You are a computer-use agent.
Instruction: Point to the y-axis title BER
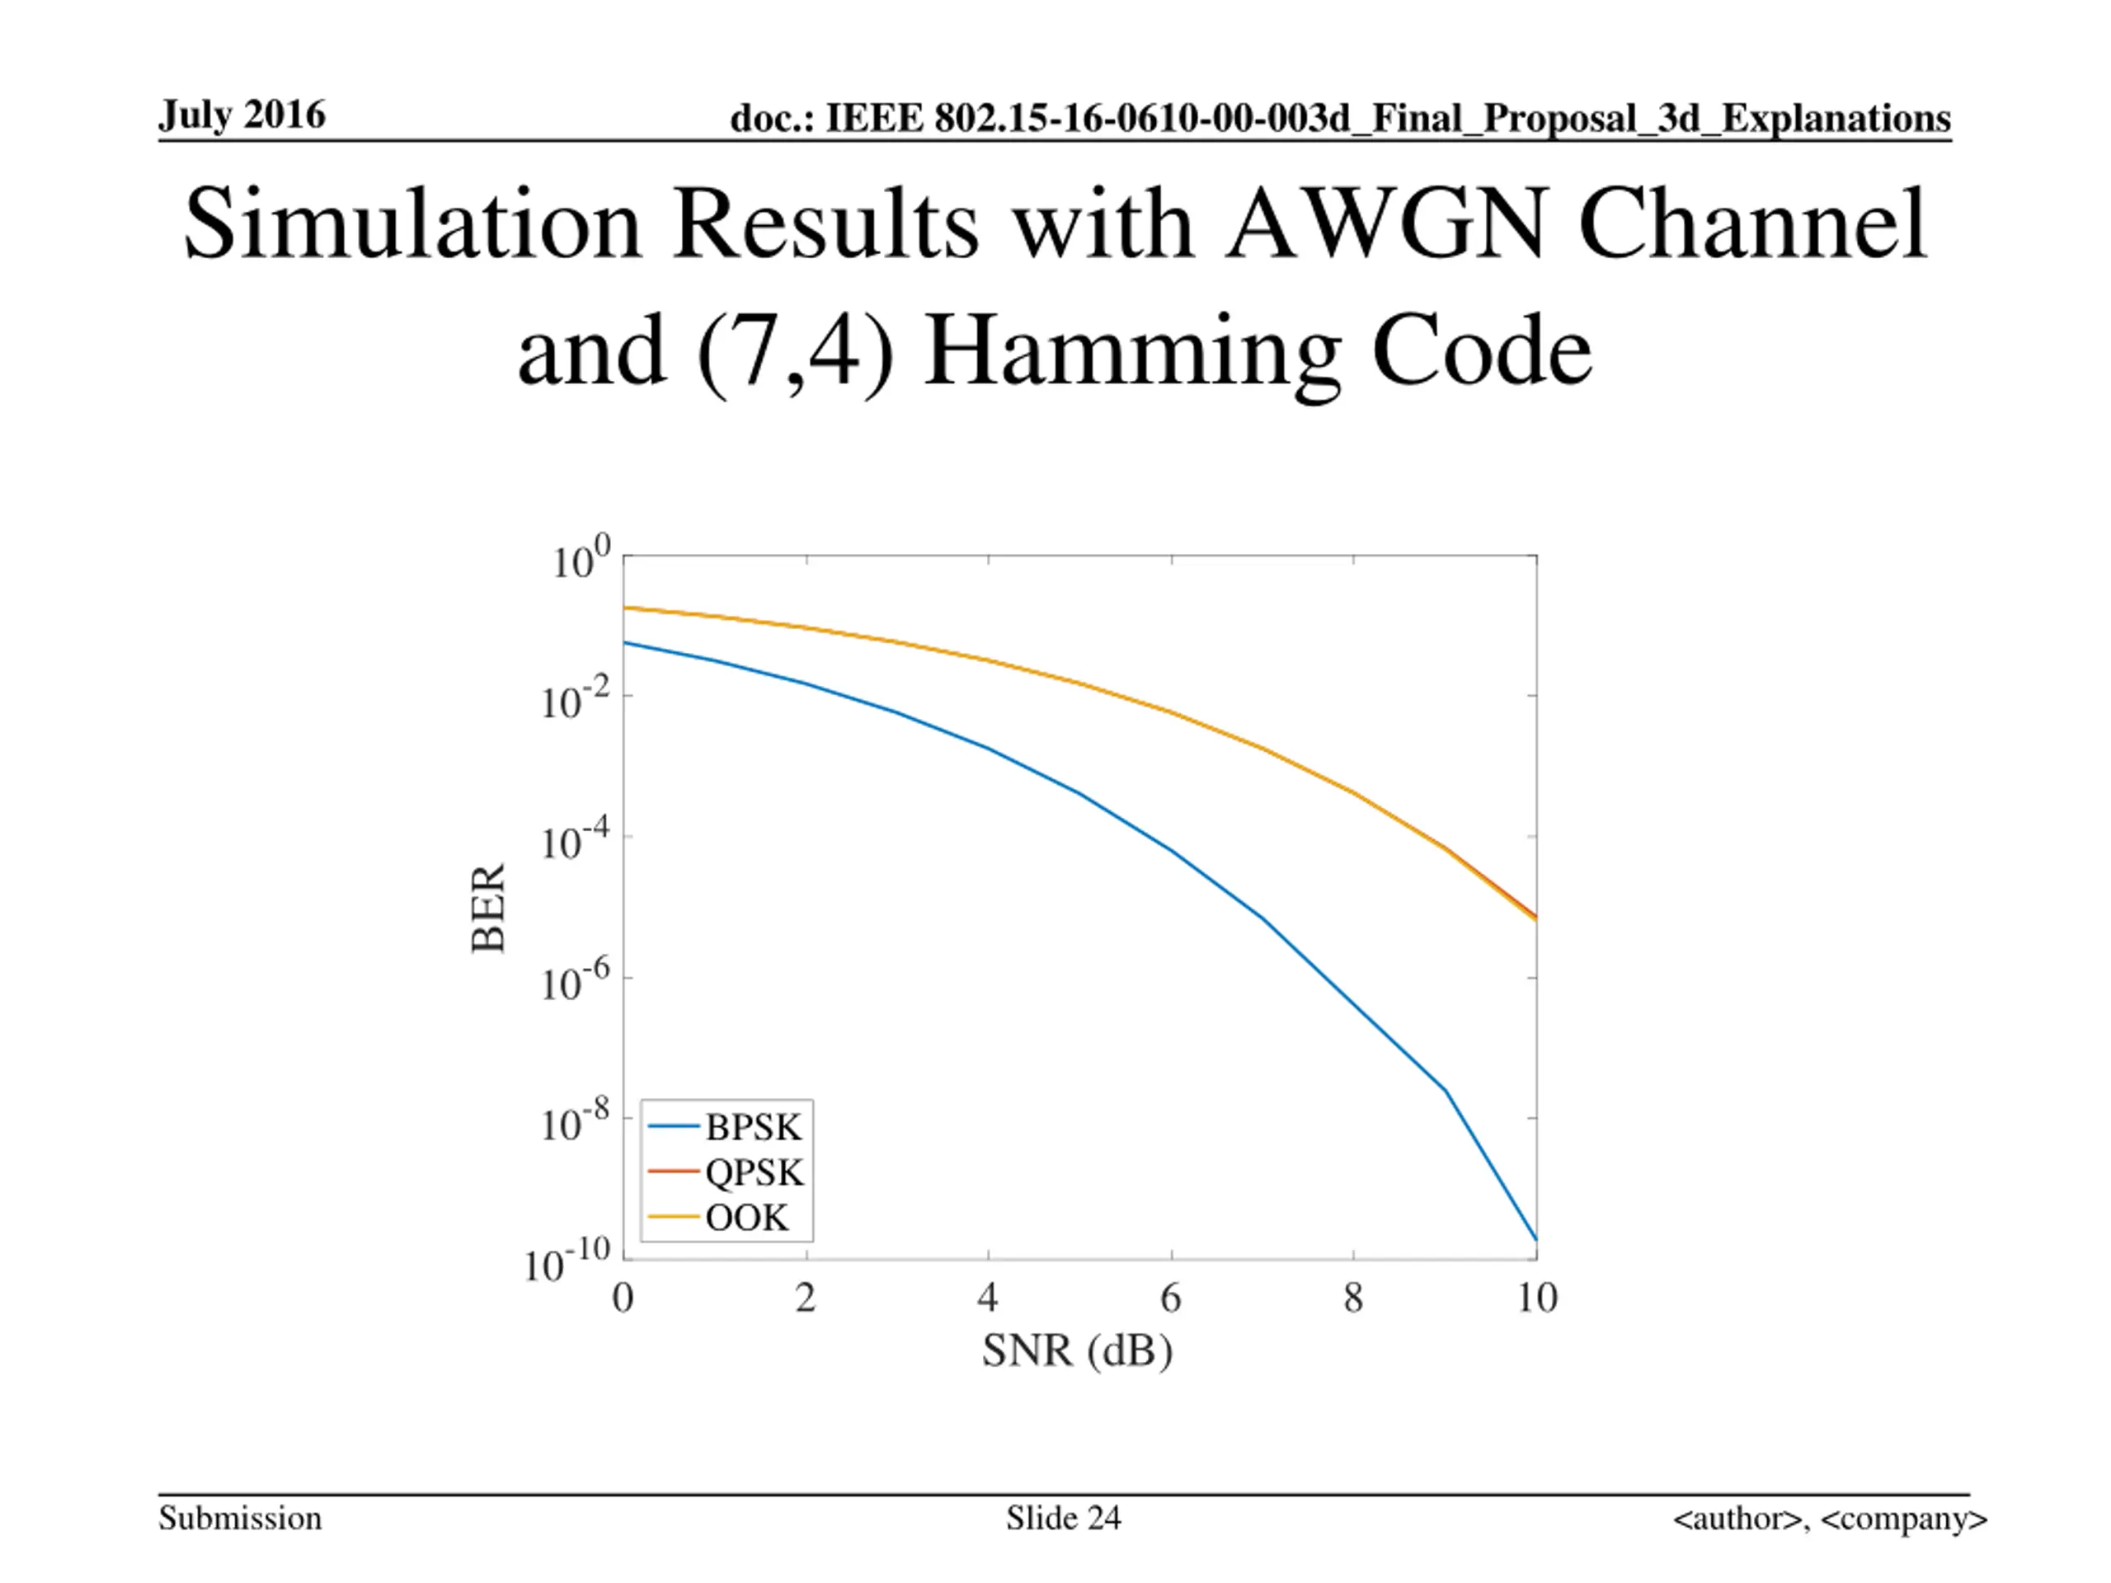[x=489, y=908]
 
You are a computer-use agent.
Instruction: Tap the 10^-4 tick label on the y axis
[x=575, y=841]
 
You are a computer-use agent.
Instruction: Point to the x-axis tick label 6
[x=1170, y=1299]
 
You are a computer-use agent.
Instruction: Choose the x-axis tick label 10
[x=1536, y=1299]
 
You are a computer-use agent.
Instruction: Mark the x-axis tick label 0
[x=623, y=1299]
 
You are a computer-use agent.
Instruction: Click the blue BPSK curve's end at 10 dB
[x=1535, y=1239]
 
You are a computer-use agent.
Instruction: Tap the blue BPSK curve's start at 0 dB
[x=624, y=642]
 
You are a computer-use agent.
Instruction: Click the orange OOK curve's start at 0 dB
[x=624, y=608]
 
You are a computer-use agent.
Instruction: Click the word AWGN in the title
[x=1385, y=225]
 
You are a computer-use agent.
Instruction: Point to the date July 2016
[x=242, y=115]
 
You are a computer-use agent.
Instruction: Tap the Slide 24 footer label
[x=1063, y=1518]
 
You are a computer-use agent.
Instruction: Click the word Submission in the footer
[x=241, y=1518]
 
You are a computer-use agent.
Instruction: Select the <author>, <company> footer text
[x=1830, y=1518]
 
